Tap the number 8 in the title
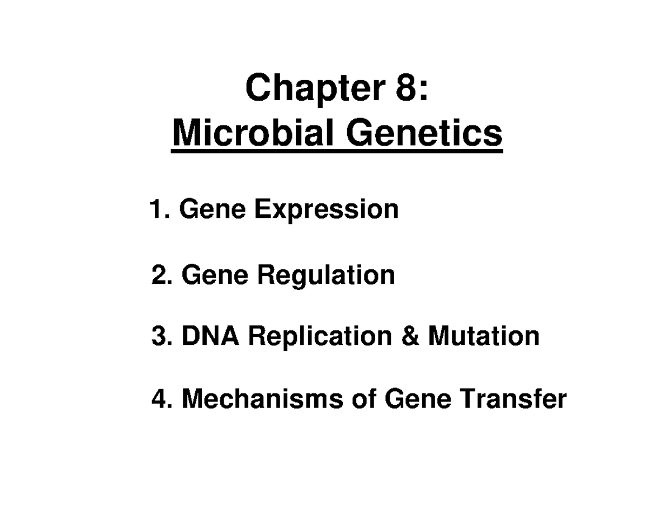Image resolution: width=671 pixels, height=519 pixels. click(410, 88)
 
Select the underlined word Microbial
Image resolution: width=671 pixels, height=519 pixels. click(250, 134)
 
